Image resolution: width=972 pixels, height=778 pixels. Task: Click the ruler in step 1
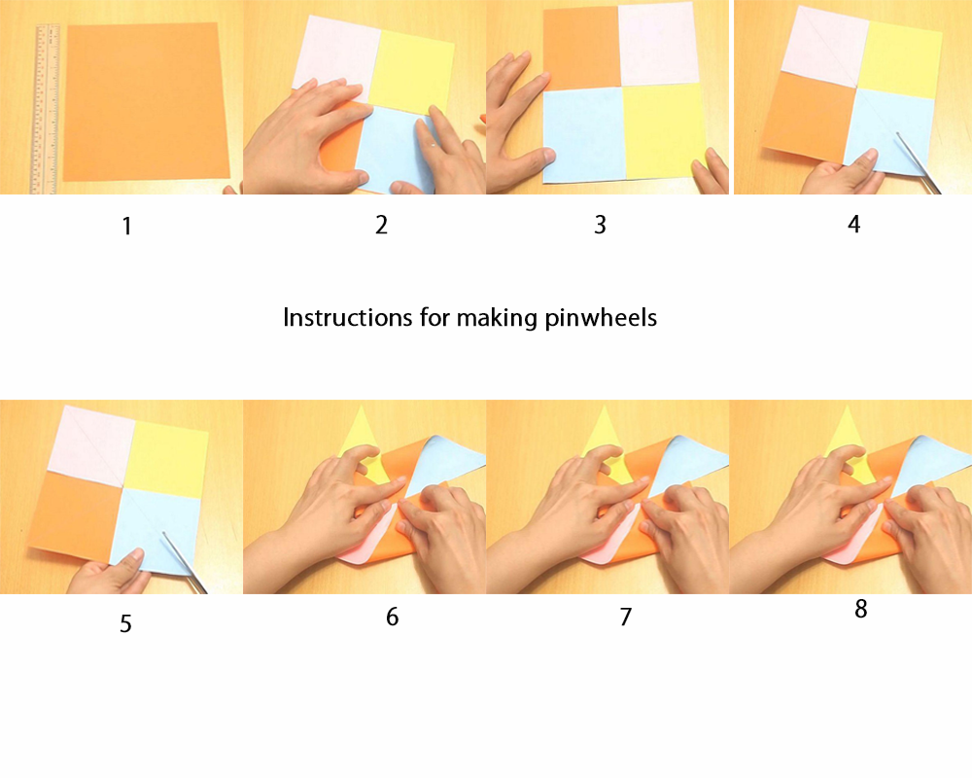pyautogui.click(x=45, y=109)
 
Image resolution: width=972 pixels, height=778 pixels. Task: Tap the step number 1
pyautogui.click(x=127, y=227)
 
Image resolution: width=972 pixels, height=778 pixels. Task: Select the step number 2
pyautogui.click(x=381, y=225)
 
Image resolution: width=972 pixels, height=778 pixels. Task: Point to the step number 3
pyautogui.click(x=600, y=225)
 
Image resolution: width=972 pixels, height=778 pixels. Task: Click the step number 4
pyautogui.click(x=854, y=225)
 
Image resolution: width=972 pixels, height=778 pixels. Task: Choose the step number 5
pyautogui.click(x=125, y=623)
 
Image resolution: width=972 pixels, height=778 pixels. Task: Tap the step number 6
pyautogui.click(x=392, y=617)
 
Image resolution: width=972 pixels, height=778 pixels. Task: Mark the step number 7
pyautogui.click(x=625, y=617)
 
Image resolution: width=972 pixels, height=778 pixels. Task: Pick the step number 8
pyautogui.click(x=860, y=609)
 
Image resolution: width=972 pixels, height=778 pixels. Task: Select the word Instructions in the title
pyautogui.click(x=348, y=318)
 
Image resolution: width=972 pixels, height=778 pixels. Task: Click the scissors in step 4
pyautogui.click(x=918, y=162)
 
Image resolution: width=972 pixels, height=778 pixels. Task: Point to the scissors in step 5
pyautogui.click(x=185, y=563)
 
